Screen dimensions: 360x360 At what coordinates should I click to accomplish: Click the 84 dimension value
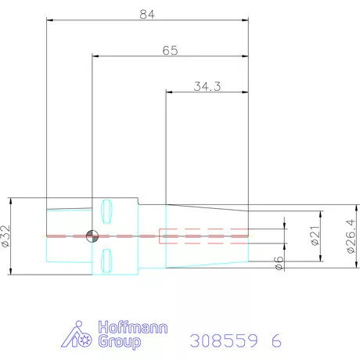pyautogui.click(x=147, y=14)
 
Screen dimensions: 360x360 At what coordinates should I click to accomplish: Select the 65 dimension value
pyautogui.click(x=170, y=50)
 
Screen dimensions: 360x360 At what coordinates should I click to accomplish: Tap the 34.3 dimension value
pyautogui.click(x=207, y=86)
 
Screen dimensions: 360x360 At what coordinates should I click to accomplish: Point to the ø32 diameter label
pyautogui.click(x=5, y=236)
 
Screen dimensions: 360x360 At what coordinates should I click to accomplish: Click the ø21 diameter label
pyautogui.click(x=315, y=236)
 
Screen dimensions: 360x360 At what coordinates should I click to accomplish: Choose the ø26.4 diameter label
pyautogui.click(x=351, y=236)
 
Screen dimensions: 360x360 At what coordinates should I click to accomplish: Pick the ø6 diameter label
pyautogui.click(x=279, y=263)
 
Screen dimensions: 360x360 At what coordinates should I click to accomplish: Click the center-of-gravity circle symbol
pyautogui.click(x=92, y=236)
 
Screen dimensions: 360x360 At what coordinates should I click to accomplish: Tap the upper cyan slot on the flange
pyautogui.click(x=106, y=211)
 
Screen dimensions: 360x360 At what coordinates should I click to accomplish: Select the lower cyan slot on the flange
pyautogui.click(x=106, y=261)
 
